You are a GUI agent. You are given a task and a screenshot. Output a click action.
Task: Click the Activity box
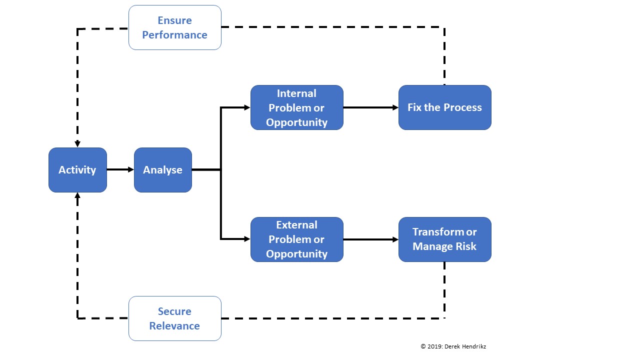pos(77,170)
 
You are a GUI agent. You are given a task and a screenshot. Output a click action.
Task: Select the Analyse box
pos(163,170)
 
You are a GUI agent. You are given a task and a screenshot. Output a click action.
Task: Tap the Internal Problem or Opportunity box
pos(297,107)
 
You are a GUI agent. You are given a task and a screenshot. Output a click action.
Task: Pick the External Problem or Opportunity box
pos(297,239)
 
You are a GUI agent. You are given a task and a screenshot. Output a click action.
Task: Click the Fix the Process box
pos(445,107)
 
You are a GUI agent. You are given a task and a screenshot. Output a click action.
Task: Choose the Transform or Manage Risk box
pos(445,239)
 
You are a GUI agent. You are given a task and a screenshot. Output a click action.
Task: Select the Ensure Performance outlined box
pos(175,27)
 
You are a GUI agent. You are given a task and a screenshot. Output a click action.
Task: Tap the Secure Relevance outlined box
pos(175,318)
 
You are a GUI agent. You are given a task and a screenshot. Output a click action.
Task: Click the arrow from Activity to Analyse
pos(120,169)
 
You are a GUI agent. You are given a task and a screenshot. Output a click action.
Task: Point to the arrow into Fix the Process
pos(371,107)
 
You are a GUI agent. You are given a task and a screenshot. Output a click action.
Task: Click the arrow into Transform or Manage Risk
pos(371,239)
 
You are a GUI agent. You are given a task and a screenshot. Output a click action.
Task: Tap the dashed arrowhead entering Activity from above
pos(77,144)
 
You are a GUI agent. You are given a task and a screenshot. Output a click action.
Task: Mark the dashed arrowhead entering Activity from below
pos(77,195)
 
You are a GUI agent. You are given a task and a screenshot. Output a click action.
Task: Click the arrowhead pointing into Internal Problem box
pos(247,107)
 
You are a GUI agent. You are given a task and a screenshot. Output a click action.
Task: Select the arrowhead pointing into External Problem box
pos(247,239)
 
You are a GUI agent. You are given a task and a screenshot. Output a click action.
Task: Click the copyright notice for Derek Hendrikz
pos(453,346)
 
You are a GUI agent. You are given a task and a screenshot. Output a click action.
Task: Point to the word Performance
pos(175,35)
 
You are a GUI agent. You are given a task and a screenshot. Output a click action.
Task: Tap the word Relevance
pos(174,326)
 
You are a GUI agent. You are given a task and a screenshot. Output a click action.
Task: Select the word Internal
pos(296,93)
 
